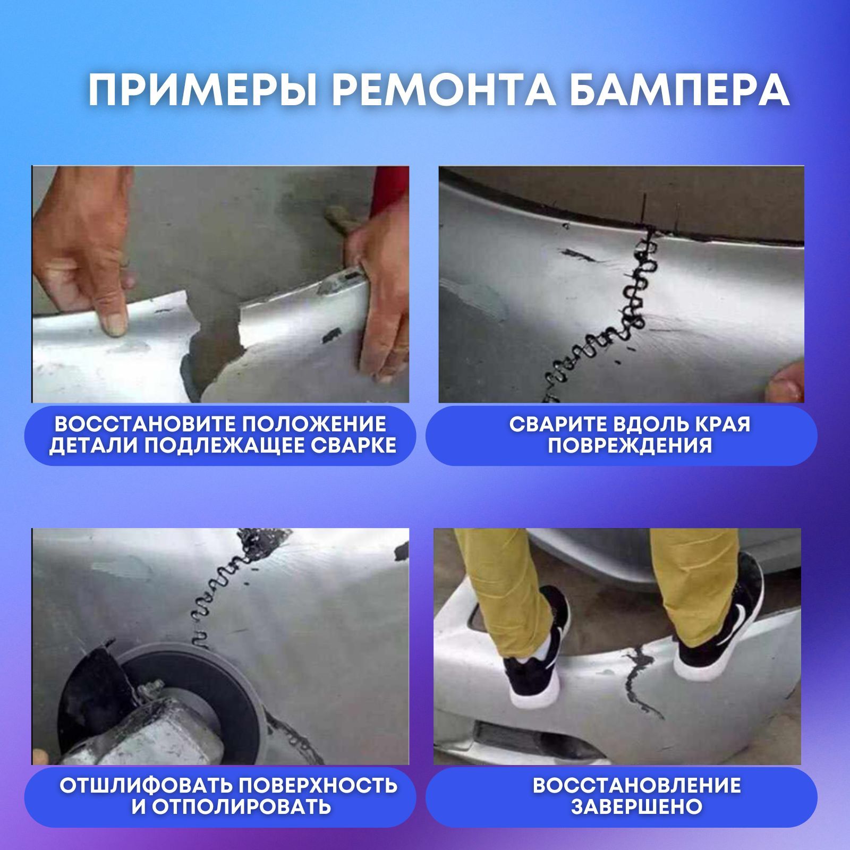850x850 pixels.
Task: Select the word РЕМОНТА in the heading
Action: [444, 90]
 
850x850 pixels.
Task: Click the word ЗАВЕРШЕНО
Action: [636, 806]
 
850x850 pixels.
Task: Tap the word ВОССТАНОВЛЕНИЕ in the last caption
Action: [636, 785]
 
